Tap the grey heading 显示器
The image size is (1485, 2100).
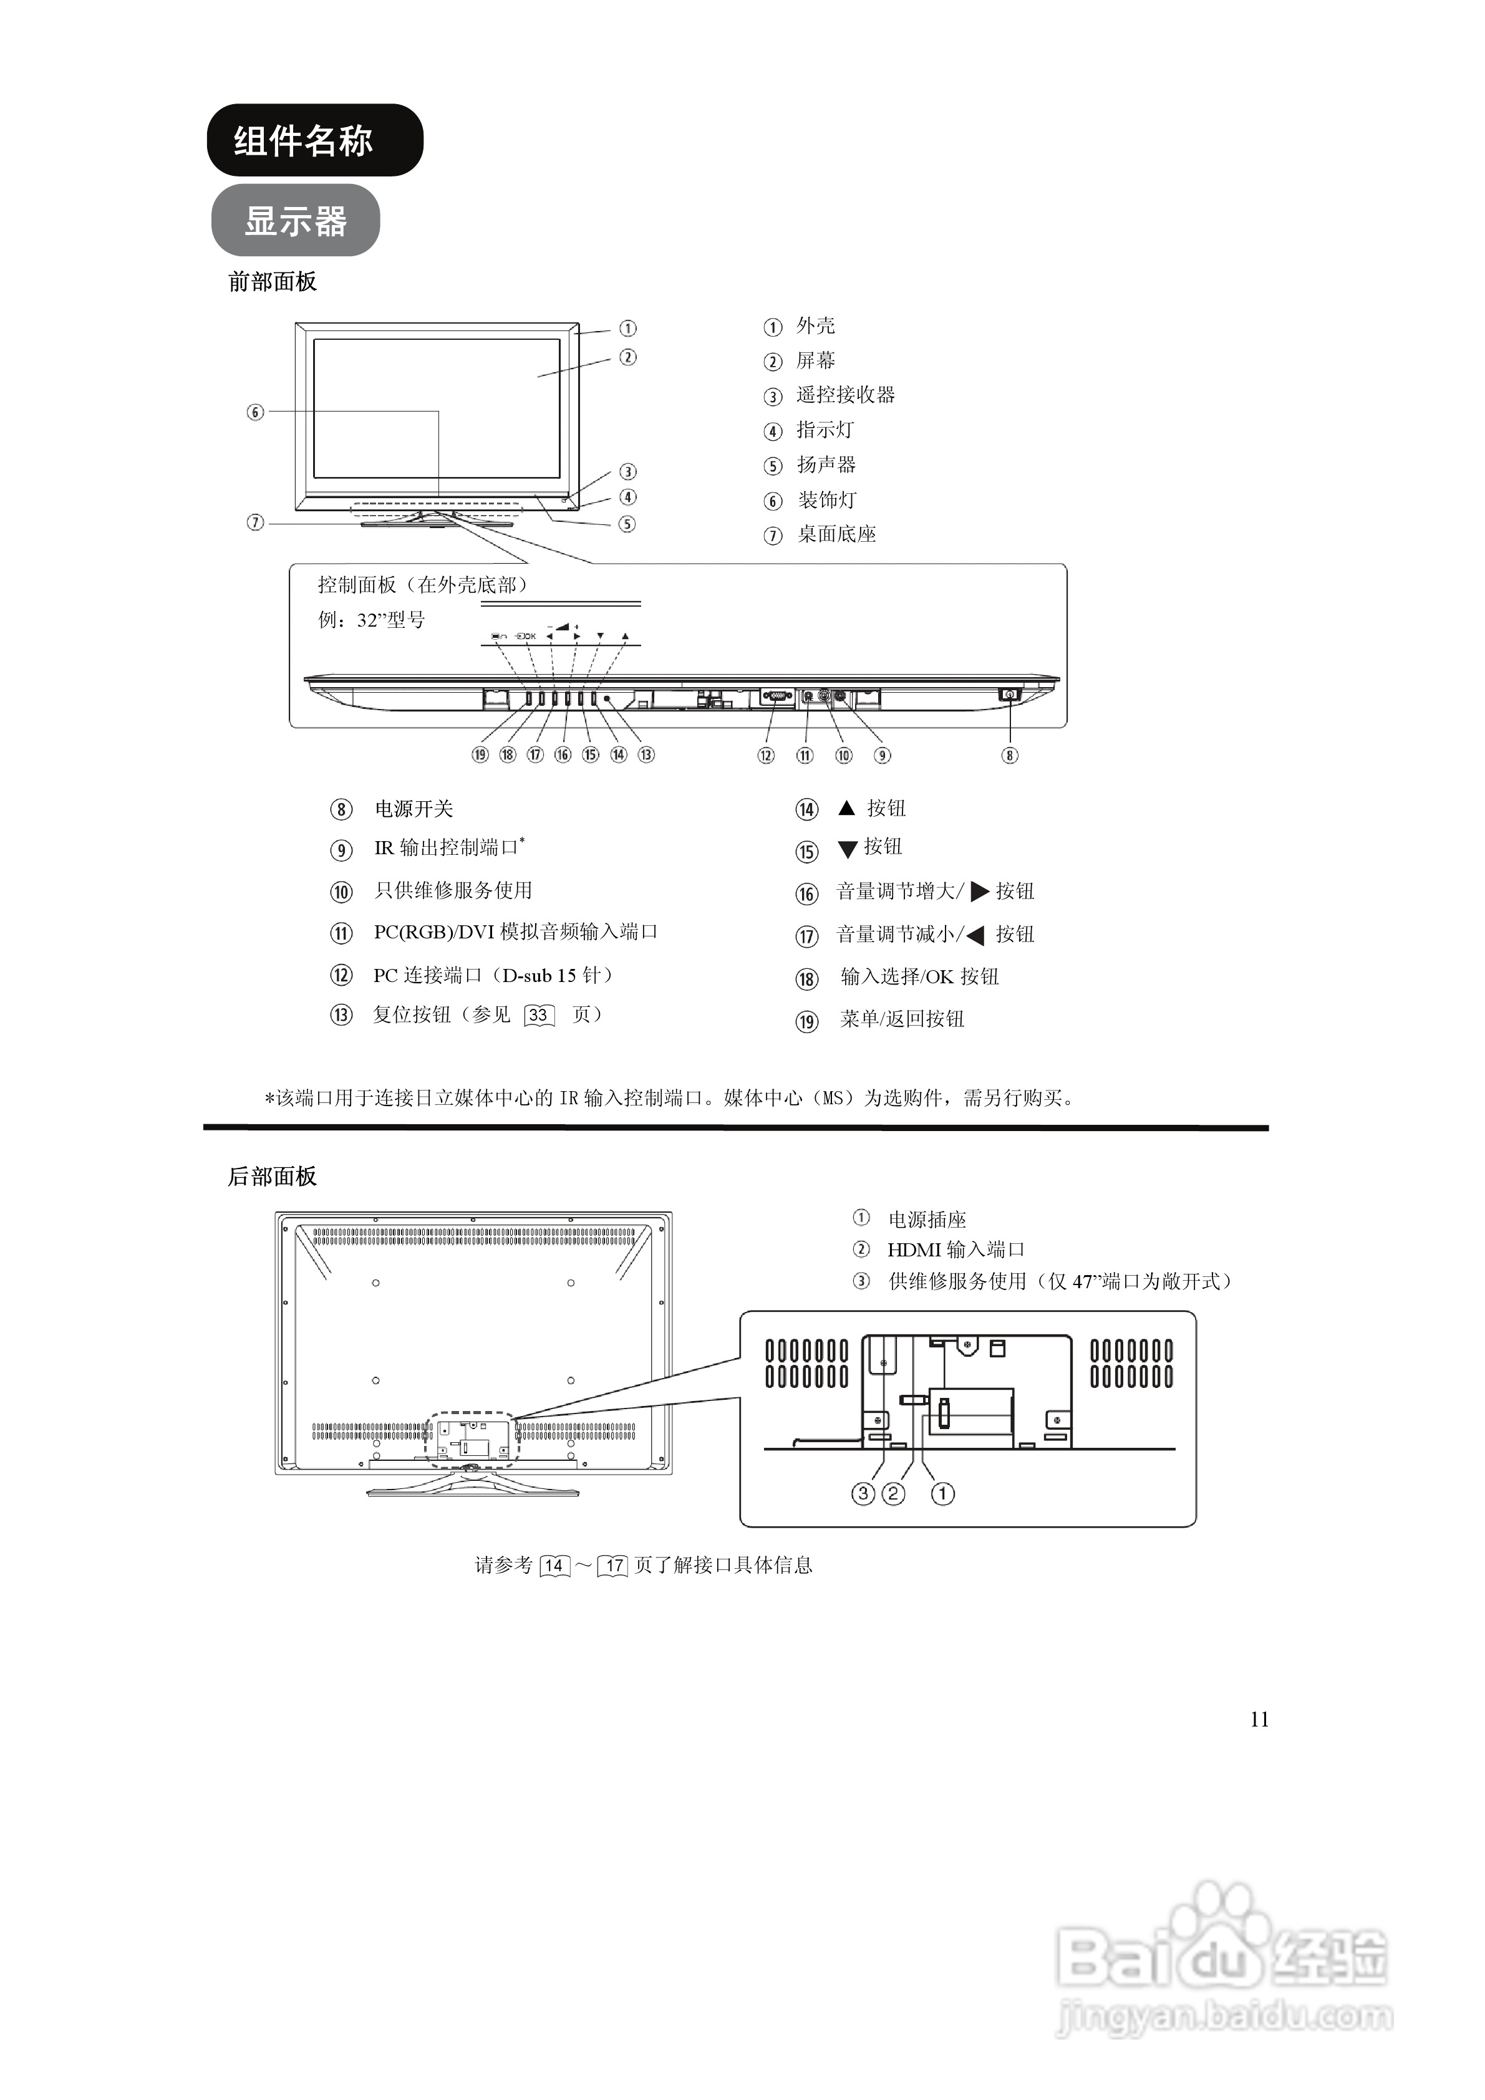296,221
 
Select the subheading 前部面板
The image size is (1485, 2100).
272,282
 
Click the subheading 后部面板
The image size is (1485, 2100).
272,1176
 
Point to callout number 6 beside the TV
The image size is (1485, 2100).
255,413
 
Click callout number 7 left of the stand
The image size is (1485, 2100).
255,523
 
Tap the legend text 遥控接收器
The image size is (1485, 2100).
846,395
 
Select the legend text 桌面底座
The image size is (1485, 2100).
836,534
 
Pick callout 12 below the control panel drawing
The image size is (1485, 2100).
766,756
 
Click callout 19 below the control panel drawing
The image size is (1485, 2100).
480,754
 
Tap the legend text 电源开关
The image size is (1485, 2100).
414,809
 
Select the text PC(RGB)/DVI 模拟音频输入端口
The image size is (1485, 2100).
515,932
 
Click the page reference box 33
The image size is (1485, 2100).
539,1015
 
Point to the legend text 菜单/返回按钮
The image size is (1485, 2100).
902,1019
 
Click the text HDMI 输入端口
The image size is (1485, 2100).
955,1250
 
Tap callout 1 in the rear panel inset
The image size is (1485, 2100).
942,1493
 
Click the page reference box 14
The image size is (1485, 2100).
554,1566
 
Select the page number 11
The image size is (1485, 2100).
1259,1720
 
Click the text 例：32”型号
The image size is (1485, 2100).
372,620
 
